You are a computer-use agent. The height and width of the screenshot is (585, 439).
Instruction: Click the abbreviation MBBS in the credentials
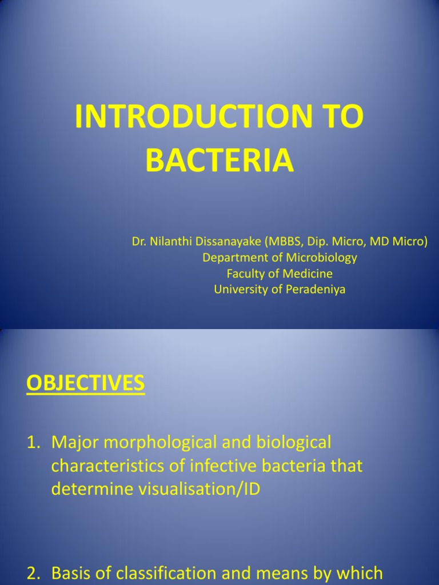tap(282, 242)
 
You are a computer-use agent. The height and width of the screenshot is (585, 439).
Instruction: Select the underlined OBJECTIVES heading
tap(86, 383)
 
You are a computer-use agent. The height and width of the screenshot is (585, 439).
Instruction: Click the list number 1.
tap(32, 442)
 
